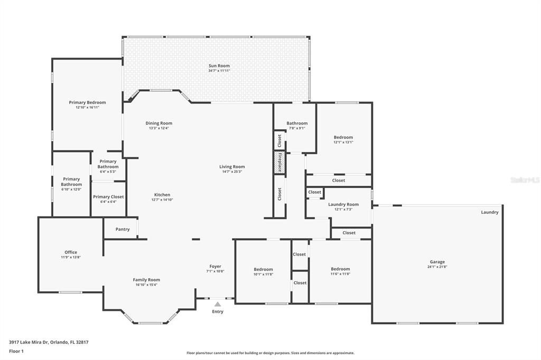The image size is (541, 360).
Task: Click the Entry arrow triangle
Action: pos(217,304)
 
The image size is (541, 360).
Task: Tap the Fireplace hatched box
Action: pos(279,162)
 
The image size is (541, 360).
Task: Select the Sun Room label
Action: pos(219,66)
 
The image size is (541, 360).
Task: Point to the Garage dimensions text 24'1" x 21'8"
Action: pos(437,267)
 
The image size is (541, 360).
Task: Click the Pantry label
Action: pos(123,229)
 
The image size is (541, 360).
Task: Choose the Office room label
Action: pos(71,252)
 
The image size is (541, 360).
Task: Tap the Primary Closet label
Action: pos(108,197)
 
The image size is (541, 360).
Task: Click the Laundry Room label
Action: pos(343,204)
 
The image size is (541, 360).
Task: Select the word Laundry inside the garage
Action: pos(490,212)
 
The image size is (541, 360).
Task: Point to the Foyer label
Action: pos(215,266)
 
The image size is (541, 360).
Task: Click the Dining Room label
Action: pos(159,123)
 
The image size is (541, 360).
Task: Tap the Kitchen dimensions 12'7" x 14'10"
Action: pos(162,200)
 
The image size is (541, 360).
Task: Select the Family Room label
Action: pos(146,280)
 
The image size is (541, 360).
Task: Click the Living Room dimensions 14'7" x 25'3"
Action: pos(232,172)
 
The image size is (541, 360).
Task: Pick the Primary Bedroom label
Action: pos(87,102)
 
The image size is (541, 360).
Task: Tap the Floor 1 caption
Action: pos(16,351)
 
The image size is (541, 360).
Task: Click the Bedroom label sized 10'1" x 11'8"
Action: pos(263,269)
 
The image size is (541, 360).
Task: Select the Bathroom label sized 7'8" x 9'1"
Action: pos(297,124)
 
